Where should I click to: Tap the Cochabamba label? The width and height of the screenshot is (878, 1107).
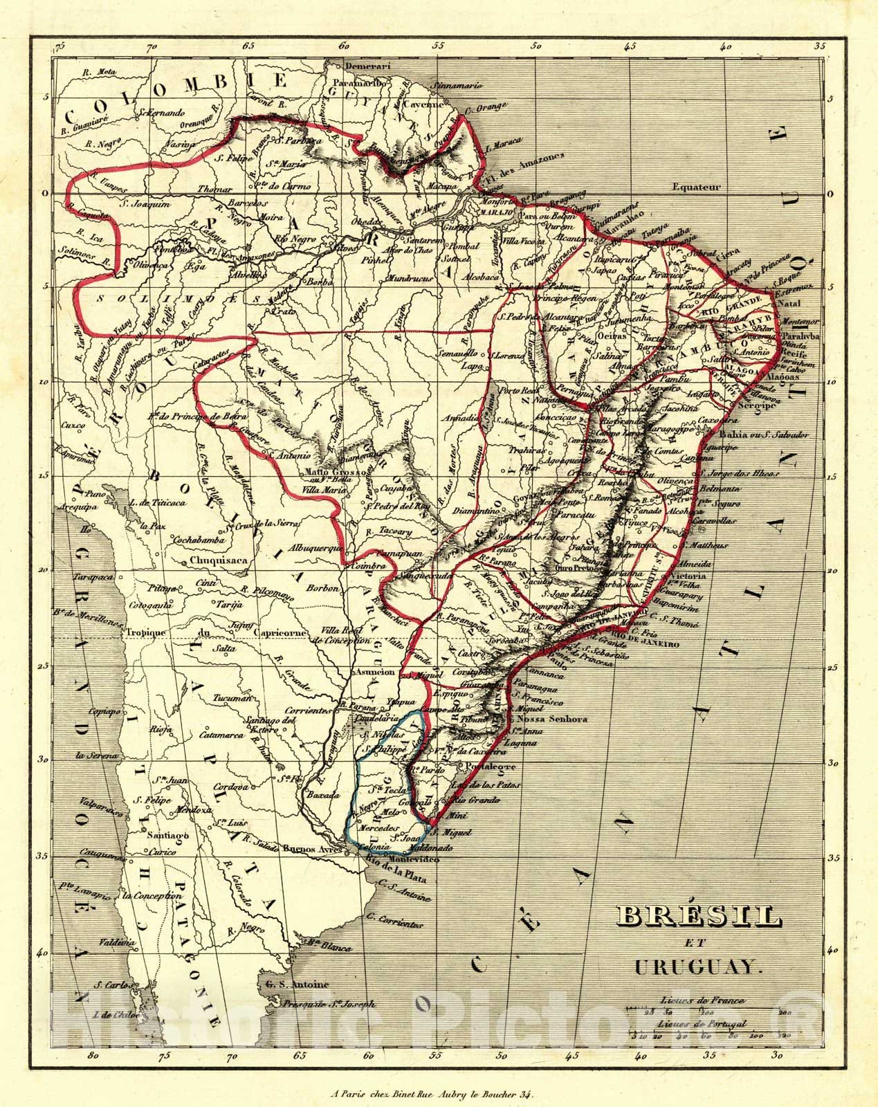[179, 539]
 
